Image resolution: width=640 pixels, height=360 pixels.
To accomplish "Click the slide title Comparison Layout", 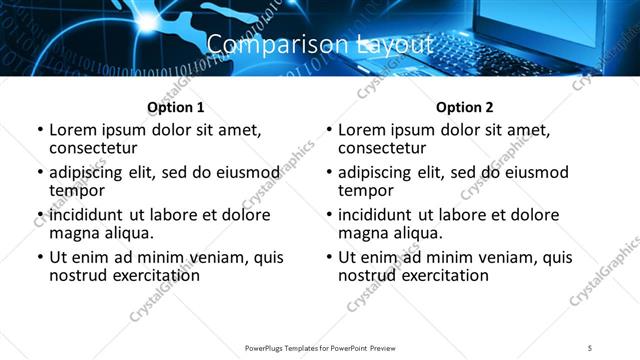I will pyautogui.click(x=320, y=44).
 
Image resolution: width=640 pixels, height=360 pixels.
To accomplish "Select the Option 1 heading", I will pyautogui.click(x=175, y=107).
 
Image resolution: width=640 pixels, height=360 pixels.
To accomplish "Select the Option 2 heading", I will pyautogui.click(x=464, y=107).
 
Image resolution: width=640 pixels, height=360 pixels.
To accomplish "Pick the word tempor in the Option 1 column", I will pyautogui.click(x=76, y=191).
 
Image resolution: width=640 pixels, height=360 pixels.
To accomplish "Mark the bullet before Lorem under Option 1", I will pyautogui.click(x=39, y=131).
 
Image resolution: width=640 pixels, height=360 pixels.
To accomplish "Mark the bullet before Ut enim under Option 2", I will pyautogui.click(x=328, y=257).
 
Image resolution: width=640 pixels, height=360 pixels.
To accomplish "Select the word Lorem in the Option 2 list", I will pyautogui.click(x=362, y=131).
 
